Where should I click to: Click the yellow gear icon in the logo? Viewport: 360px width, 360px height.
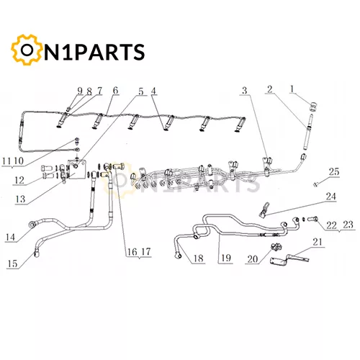[x=27, y=50]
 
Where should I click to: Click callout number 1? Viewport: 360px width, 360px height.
[x=292, y=89]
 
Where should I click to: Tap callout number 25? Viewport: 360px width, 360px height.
[x=334, y=172]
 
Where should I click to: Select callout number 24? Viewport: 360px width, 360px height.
[x=330, y=197]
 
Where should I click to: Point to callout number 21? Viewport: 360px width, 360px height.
[x=318, y=242]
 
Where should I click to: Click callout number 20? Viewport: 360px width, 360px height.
[x=253, y=259]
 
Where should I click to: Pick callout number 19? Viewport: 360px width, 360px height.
[x=226, y=258]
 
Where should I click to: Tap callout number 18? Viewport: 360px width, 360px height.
[x=199, y=258]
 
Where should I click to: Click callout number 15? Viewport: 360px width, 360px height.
[x=12, y=264]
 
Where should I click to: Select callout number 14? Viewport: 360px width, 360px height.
[x=10, y=238]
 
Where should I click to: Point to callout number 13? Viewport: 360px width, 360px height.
[x=20, y=199]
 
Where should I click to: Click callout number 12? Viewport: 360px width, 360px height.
[x=19, y=181]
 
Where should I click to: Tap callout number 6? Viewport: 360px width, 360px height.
[x=115, y=91]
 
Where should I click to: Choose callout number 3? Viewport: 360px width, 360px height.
[x=244, y=91]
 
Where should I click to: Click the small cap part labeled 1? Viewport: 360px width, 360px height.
[x=313, y=107]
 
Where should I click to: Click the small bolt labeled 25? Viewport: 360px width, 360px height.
[x=315, y=184]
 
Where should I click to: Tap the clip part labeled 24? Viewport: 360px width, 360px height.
[x=264, y=210]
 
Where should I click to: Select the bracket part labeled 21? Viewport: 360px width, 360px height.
[x=289, y=260]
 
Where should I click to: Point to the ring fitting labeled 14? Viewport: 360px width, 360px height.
[x=32, y=225]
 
